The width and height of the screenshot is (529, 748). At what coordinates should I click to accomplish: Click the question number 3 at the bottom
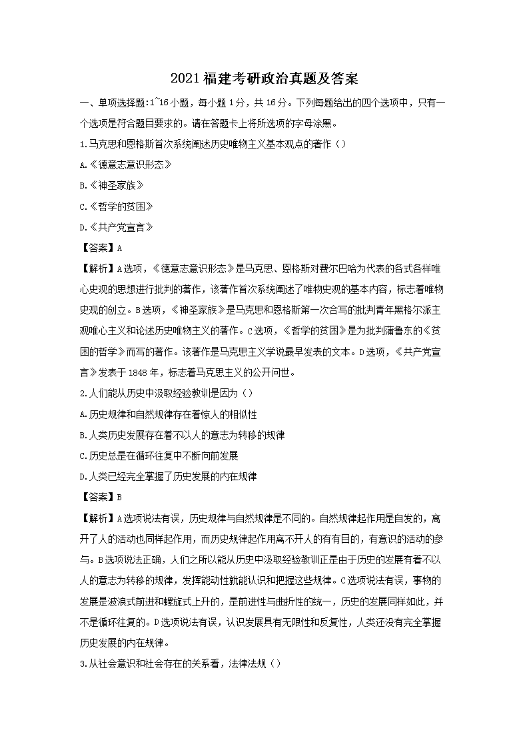[81, 663]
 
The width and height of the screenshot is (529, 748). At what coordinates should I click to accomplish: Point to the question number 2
[81, 393]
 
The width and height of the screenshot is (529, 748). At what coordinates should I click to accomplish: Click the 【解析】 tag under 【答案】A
[98, 268]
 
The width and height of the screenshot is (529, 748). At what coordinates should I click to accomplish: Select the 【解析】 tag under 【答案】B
[98, 518]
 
